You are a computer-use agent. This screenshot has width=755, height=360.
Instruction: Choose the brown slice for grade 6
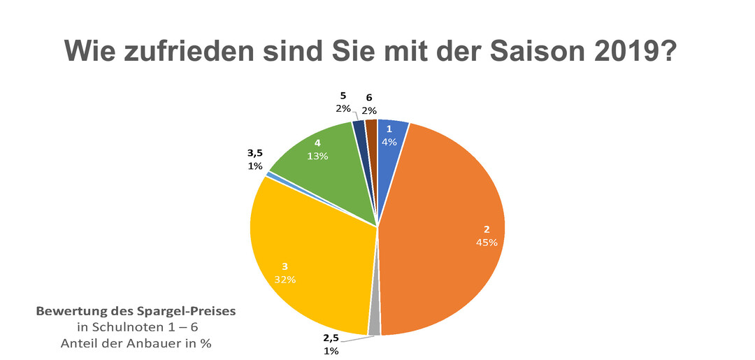point(371,126)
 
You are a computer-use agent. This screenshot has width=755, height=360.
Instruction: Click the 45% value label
point(487,243)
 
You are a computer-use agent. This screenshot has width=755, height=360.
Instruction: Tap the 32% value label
point(285,280)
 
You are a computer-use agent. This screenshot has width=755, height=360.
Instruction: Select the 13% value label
point(318,157)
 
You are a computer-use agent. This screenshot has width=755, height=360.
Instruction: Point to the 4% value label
point(389,142)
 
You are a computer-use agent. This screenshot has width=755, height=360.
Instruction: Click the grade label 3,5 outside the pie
point(255,153)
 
